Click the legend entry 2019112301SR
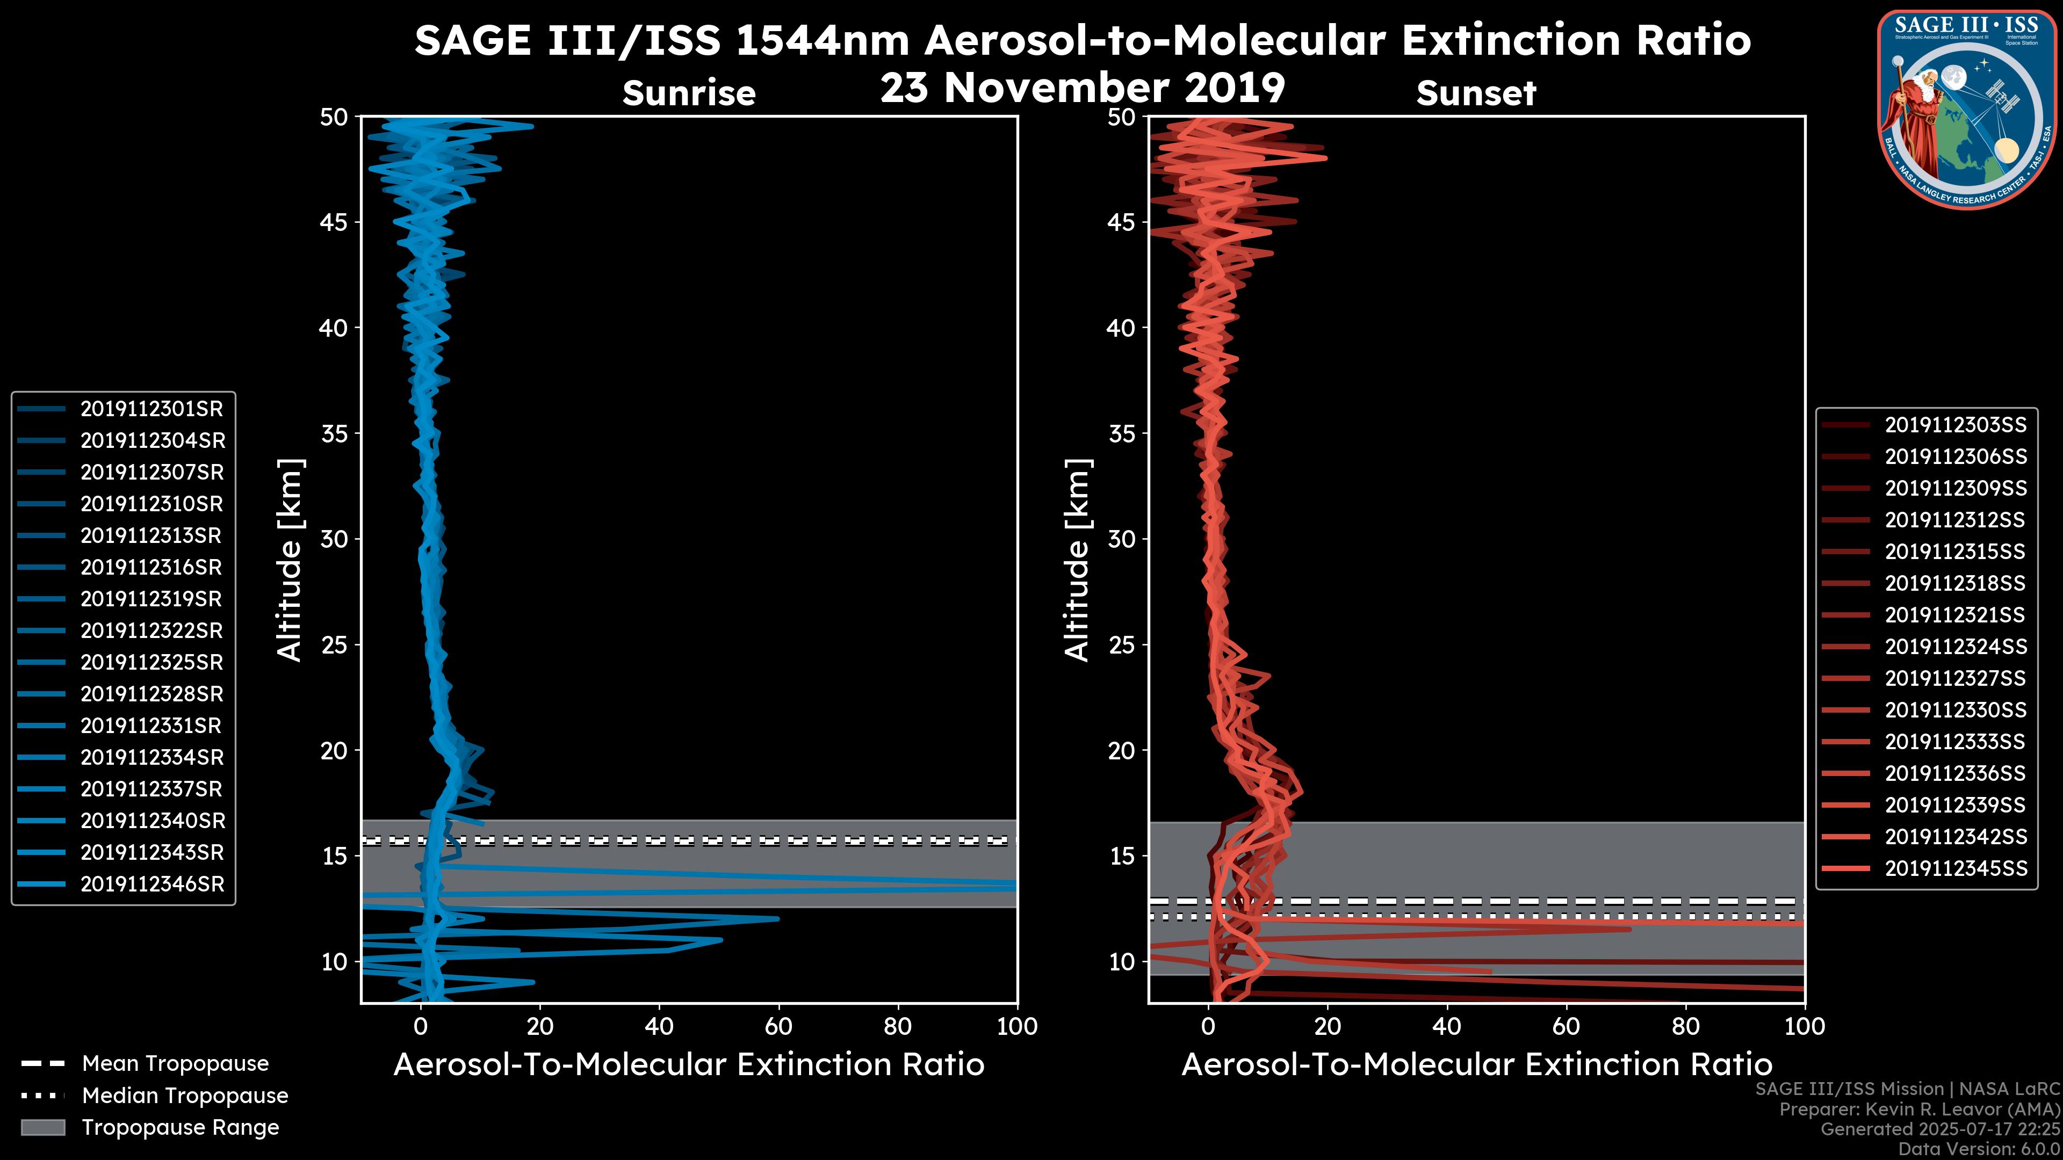(152, 409)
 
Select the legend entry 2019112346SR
(152, 885)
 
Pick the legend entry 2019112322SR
(152, 631)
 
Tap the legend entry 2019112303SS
(1955, 425)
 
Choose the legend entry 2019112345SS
(1955, 868)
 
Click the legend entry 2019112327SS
(1955, 679)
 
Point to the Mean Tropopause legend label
(175, 1064)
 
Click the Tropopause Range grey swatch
(43, 1127)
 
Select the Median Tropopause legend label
(185, 1096)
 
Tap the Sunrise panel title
(689, 93)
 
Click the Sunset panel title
(1476, 93)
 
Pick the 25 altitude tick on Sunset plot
(1122, 645)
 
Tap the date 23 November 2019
(1082, 88)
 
